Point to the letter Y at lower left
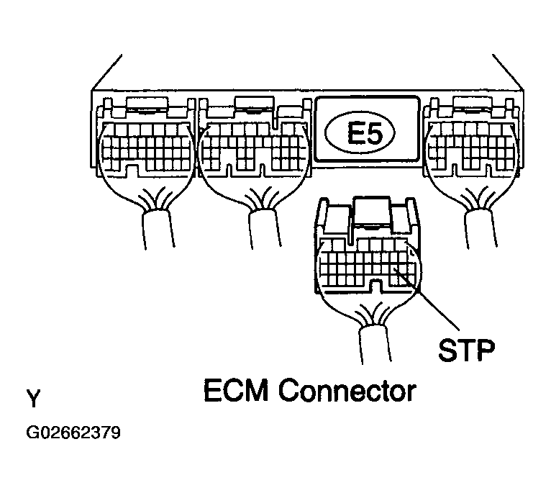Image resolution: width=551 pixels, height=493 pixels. click(x=33, y=397)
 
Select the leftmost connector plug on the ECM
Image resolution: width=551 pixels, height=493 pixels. click(x=144, y=148)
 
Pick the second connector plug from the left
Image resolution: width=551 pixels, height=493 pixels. click(x=253, y=148)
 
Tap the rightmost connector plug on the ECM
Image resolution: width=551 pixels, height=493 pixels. click(x=471, y=148)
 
